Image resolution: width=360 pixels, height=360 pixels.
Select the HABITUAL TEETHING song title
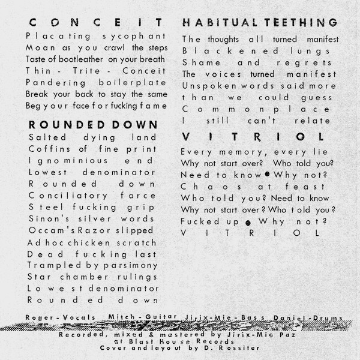(259, 23)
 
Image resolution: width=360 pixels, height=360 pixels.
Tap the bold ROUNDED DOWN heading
(92, 124)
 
